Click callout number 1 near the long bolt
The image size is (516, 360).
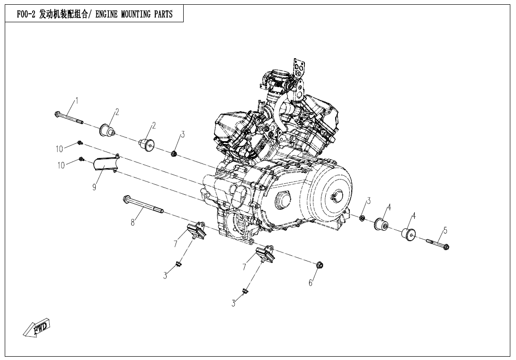[x=77, y=100]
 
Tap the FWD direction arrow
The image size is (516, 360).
[x=36, y=328]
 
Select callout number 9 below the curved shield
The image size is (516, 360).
[x=95, y=187]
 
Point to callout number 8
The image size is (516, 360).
[x=133, y=222]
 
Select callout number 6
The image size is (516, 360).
[x=311, y=283]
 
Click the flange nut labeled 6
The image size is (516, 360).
[x=319, y=265]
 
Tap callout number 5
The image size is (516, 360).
[x=445, y=230]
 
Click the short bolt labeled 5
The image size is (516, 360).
[x=438, y=244]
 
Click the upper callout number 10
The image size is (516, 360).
[x=59, y=149]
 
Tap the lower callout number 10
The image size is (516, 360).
[x=61, y=165]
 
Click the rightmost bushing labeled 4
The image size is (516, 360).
[x=409, y=234]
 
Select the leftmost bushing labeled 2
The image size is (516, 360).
[x=107, y=129]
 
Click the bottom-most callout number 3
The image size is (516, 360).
[x=233, y=304]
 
